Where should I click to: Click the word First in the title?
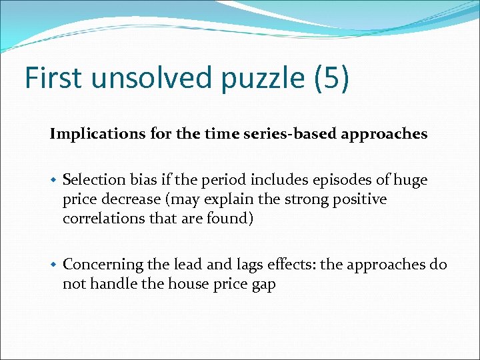pos(54,78)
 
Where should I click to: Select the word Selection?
pos(94,180)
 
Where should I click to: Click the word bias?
pos(143,180)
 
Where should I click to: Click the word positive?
pos(361,199)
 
